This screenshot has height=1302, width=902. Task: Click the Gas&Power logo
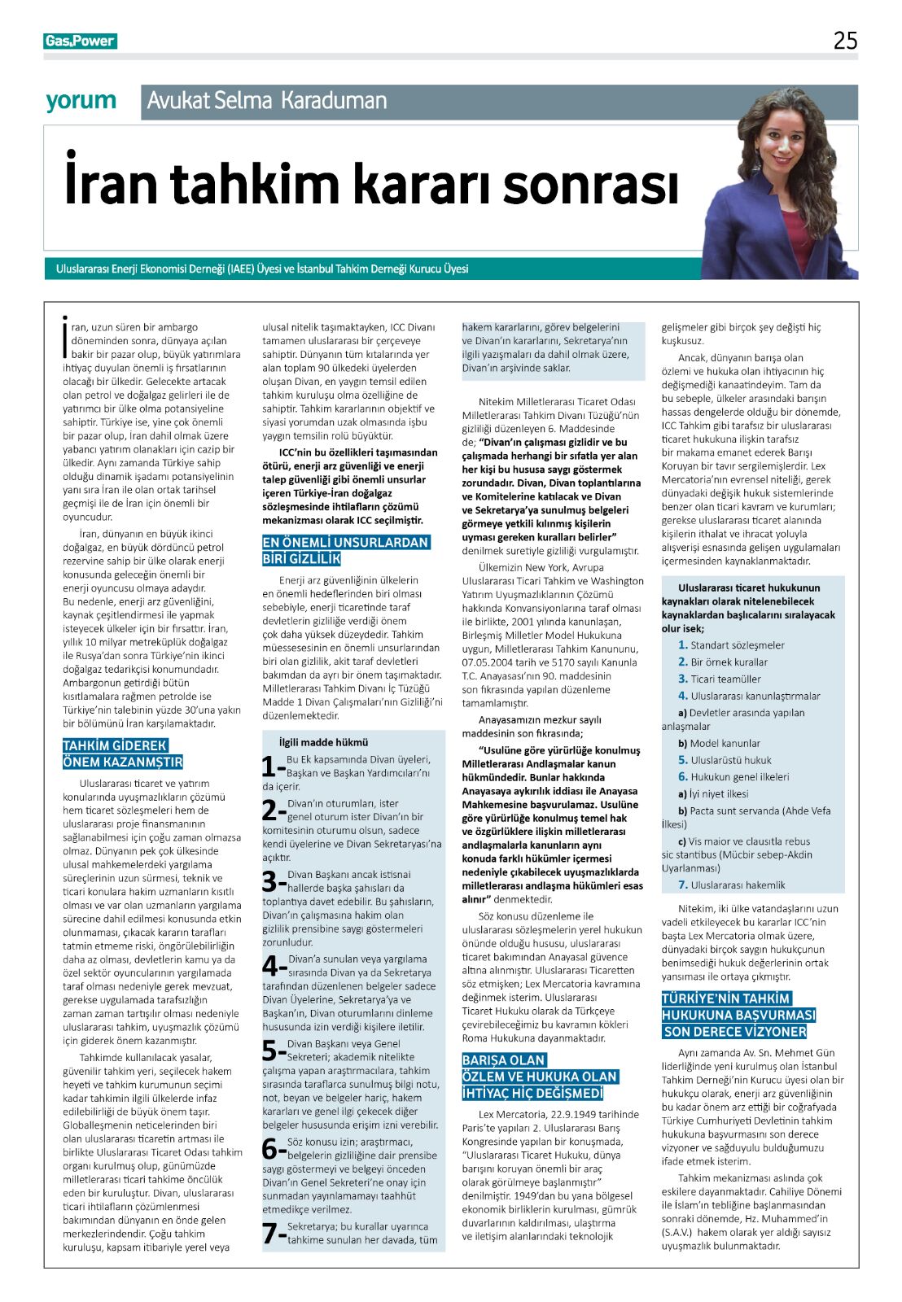[x=80, y=42]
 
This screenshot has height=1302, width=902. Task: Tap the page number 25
[x=845, y=41]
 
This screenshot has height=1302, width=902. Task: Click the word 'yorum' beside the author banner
[x=81, y=101]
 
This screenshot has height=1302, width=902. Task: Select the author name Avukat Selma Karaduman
[x=267, y=101]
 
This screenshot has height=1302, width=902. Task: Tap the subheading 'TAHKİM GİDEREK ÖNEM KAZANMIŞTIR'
[x=122, y=754]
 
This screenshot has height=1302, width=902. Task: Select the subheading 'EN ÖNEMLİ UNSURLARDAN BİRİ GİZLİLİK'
[x=344, y=550]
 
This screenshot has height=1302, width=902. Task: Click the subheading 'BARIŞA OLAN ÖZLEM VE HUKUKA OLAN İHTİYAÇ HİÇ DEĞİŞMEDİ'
[x=541, y=1077]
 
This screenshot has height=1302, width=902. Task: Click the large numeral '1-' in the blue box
[x=273, y=767]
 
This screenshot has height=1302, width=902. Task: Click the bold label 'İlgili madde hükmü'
[x=323, y=742]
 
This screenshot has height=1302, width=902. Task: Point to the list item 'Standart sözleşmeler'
[x=737, y=645]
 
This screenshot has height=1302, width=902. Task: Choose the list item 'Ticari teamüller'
[x=725, y=679]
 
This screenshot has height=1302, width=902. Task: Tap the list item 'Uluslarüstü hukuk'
[x=730, y=760]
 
